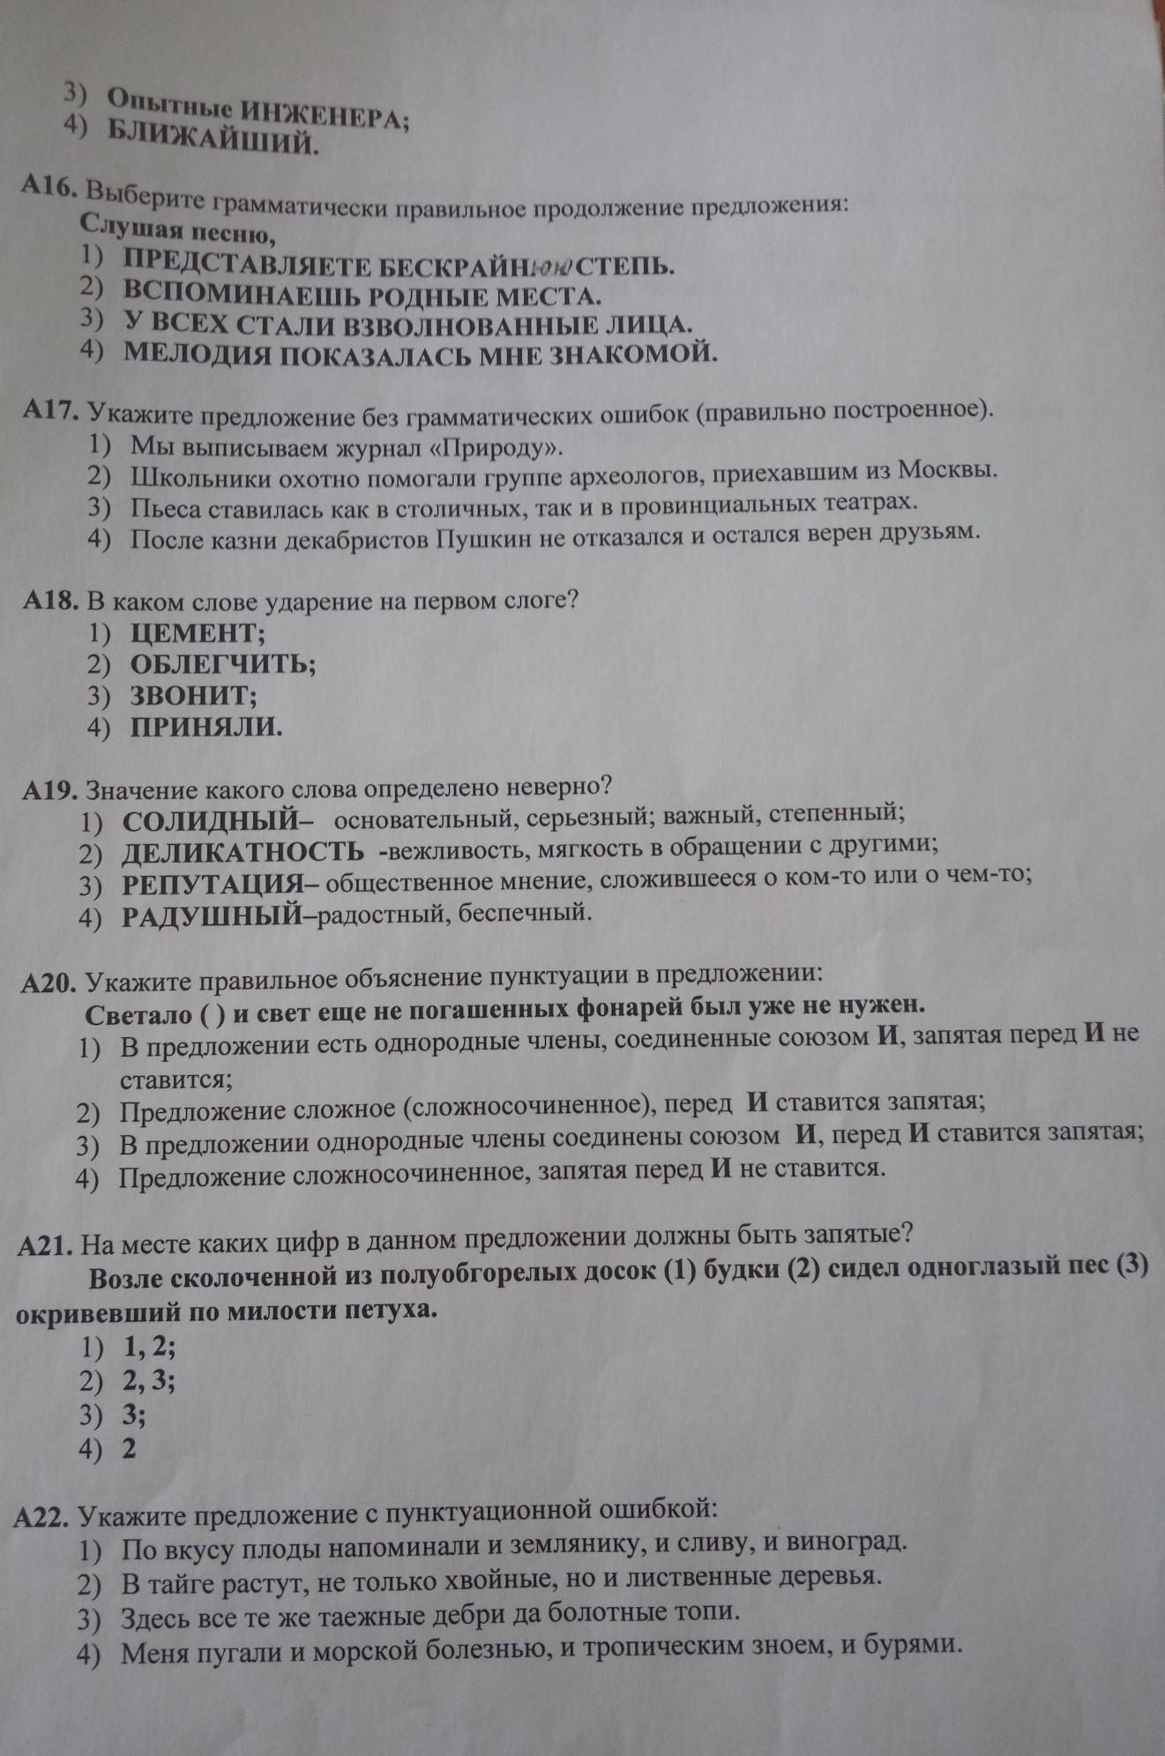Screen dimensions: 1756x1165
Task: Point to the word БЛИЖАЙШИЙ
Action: pyautogui.click(x=212, y=138)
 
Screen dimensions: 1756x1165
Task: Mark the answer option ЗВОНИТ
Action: pyautogui.click(x=193, y=695)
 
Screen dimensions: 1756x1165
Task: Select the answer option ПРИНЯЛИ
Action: pyautogui.click(x=205, y=727)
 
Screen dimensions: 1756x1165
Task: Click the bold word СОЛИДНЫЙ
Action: pyautogui.click(x=212, y=821)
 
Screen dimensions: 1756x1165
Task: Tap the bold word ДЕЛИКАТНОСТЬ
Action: pyautogui.click(x=243, y=852)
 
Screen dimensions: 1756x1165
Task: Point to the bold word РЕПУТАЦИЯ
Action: pyautogui.click(x=212, y=883)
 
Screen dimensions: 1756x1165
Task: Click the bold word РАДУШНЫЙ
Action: pyautogui.click(x=212, y=915)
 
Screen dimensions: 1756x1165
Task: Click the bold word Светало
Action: pyautogui.click(x=138, y=1014)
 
